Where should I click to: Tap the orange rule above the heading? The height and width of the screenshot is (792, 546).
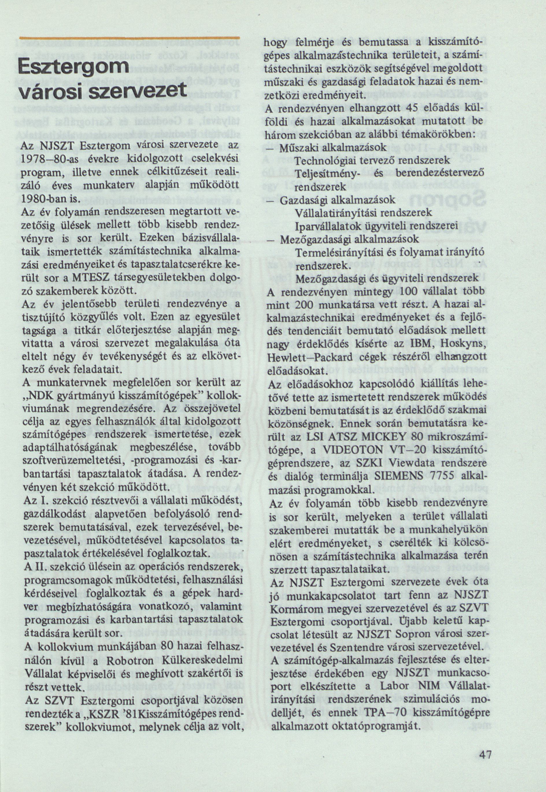coord(130,37)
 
